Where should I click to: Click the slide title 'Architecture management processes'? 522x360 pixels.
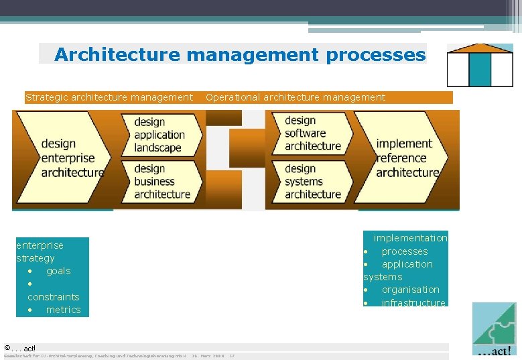click(240, 54)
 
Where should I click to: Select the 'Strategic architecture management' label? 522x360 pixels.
click(109, 97)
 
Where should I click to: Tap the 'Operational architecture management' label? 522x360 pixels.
click(296, 97)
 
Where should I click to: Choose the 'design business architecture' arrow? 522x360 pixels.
click(161, 181)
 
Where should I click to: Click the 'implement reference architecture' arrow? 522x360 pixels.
click(405, 158)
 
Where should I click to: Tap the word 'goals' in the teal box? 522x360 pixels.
click(58, 271)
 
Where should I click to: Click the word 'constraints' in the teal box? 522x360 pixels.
click(54, 297)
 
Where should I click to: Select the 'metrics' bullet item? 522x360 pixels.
click(63, 310)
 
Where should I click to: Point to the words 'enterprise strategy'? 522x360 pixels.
click(40, 251)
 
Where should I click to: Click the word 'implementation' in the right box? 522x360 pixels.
click(410, 238)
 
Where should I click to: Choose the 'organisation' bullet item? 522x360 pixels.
click(410, 290)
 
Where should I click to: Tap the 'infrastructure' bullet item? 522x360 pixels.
click(413, 303)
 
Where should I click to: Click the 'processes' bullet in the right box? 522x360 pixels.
click(404, 251)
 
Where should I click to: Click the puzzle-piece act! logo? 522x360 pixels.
click(494, 328)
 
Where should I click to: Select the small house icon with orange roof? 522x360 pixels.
click(480, 66)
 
